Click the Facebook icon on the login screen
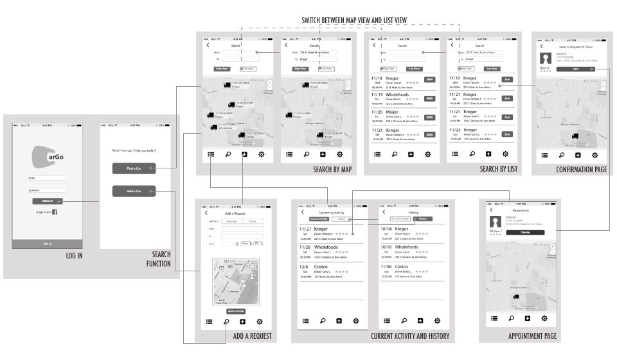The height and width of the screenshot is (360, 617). pyautogui.click(x=55, y=212)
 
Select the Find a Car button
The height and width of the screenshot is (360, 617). pyautogui.click(x=134, y=168)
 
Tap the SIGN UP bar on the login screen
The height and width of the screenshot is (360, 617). pyautogui.click(x=47, y=244)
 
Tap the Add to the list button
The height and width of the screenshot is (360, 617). pyautogui.click(x=236, y=310)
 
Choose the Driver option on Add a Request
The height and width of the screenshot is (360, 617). pyautogui.click(x=252, y=221)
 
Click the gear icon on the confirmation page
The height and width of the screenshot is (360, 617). pyautogui.click(x=596, y=155)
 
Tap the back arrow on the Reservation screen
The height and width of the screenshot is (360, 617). pyautogui.click(x=490, y=210)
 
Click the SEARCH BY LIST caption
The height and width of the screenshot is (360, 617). pyautogui.click(x=499, y=169)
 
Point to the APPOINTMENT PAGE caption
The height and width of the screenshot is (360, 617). pyautogui.click(x=532, y=336)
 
